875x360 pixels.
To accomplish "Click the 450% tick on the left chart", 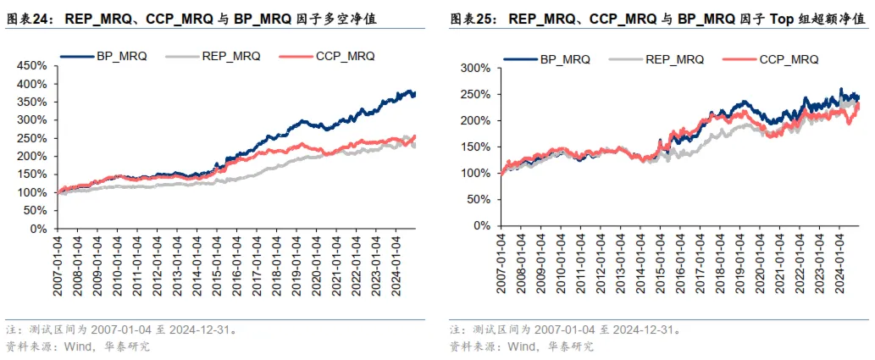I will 34,65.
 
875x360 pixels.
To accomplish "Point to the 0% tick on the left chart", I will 40,229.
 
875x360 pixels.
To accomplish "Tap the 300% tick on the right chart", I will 476,68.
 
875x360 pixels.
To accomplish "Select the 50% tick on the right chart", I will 479,199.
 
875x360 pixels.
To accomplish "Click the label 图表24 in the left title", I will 29,14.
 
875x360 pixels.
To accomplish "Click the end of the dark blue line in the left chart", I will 415,94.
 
